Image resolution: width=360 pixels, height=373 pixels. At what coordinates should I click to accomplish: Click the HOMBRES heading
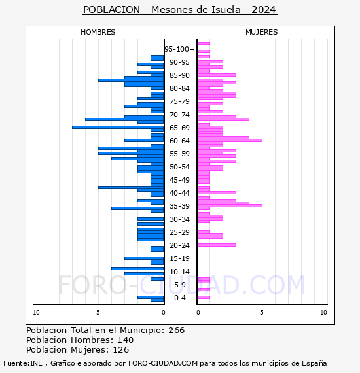98,32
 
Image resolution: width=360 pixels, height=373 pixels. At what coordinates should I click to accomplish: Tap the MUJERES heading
262,32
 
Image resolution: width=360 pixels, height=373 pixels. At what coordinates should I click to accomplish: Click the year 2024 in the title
263,10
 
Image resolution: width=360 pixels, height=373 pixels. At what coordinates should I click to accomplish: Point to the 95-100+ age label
179,49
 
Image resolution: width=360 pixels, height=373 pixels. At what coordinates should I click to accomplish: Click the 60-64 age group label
179,141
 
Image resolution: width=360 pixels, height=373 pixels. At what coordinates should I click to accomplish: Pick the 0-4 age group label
180,298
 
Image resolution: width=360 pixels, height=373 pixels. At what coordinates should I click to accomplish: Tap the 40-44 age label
179,193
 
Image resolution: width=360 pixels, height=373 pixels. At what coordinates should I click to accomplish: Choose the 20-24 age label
179,245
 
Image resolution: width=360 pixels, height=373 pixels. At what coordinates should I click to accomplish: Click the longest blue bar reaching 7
118,127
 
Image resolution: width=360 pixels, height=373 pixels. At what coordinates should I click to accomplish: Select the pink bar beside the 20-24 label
217,245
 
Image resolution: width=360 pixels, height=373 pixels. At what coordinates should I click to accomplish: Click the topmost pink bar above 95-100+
204,44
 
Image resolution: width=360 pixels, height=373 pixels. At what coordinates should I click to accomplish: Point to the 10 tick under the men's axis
36,313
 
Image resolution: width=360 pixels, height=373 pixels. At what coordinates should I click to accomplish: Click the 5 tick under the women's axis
262,313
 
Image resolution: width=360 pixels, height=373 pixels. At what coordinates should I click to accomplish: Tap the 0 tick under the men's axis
164,313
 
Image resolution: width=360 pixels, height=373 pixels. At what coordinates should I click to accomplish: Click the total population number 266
176,330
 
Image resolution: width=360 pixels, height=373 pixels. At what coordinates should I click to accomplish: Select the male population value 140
126,340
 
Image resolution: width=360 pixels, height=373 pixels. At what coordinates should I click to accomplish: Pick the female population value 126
121,349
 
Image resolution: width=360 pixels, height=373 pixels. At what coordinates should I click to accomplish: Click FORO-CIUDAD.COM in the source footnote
163,363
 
